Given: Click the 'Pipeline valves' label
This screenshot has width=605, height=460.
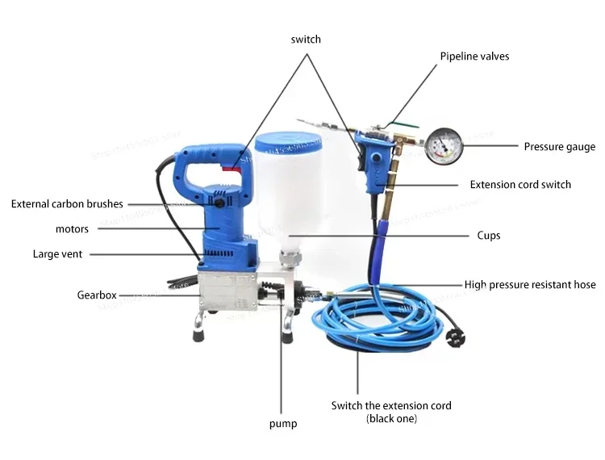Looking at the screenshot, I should pos(474,56).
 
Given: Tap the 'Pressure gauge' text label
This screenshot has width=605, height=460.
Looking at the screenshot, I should pos(559,147).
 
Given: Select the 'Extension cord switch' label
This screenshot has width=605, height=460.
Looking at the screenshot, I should pos(520,185).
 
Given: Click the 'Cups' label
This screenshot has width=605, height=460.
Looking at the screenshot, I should pos(488,236).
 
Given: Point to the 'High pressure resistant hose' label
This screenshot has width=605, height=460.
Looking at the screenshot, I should pos(530,284).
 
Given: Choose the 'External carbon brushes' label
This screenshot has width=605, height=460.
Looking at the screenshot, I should pos(67,204).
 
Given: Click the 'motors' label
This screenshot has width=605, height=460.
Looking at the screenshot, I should pos(72,229).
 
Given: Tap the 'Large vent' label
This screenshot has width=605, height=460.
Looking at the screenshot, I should pos(57,254).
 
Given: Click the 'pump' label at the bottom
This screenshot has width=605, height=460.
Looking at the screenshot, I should pos(282,424).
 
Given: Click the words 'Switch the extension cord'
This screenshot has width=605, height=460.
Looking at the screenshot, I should pos(391,405).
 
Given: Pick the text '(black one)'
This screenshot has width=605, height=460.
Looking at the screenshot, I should pos(391,419).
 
